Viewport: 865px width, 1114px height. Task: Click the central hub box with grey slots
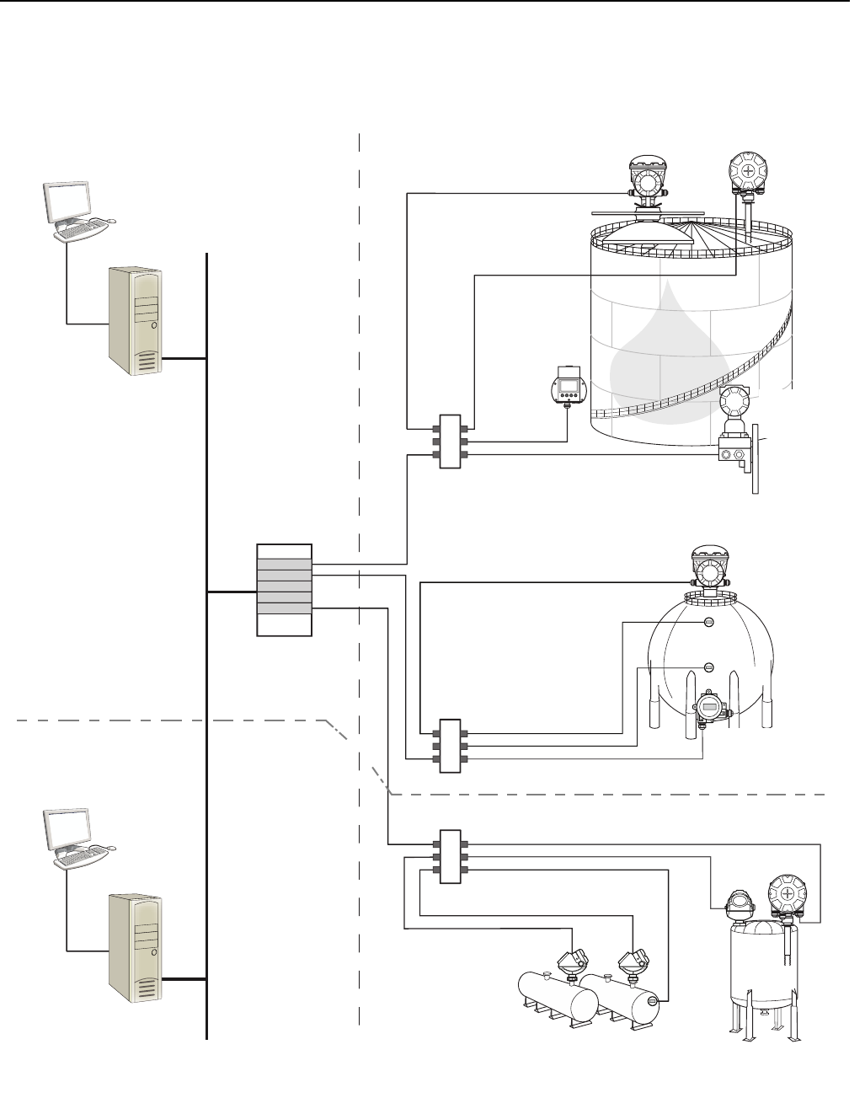(x=284, y=590)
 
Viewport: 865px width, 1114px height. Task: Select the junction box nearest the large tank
(x=450, y=442)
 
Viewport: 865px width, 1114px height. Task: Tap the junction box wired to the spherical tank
(x=450, y=745)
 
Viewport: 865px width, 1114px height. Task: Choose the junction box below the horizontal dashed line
(x=450, y=856)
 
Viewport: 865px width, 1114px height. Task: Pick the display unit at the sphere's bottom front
(x=709, y=708)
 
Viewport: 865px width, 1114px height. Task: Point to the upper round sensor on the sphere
(x=709, y=623)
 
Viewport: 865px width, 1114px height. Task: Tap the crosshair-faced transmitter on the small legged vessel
(x=787, y=895)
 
